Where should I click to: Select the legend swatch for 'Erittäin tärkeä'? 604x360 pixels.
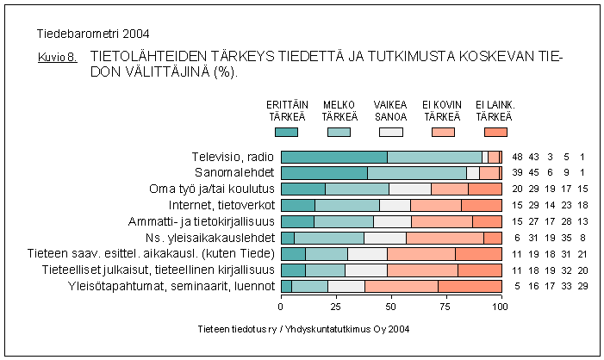286,132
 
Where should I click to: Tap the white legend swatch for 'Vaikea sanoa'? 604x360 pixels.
391,132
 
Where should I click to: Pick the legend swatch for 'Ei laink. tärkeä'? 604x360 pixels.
495,132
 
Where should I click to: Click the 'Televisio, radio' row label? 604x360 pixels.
233,157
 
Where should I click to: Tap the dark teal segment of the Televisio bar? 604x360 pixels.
333,157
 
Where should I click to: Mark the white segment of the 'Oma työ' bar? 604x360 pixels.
410,189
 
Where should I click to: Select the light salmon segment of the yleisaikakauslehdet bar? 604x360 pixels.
445,238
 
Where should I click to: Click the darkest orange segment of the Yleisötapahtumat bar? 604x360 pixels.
470,286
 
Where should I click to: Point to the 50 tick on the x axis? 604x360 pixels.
391,305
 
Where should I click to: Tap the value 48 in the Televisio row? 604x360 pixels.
518,157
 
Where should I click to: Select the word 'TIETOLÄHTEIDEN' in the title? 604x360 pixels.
150,58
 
